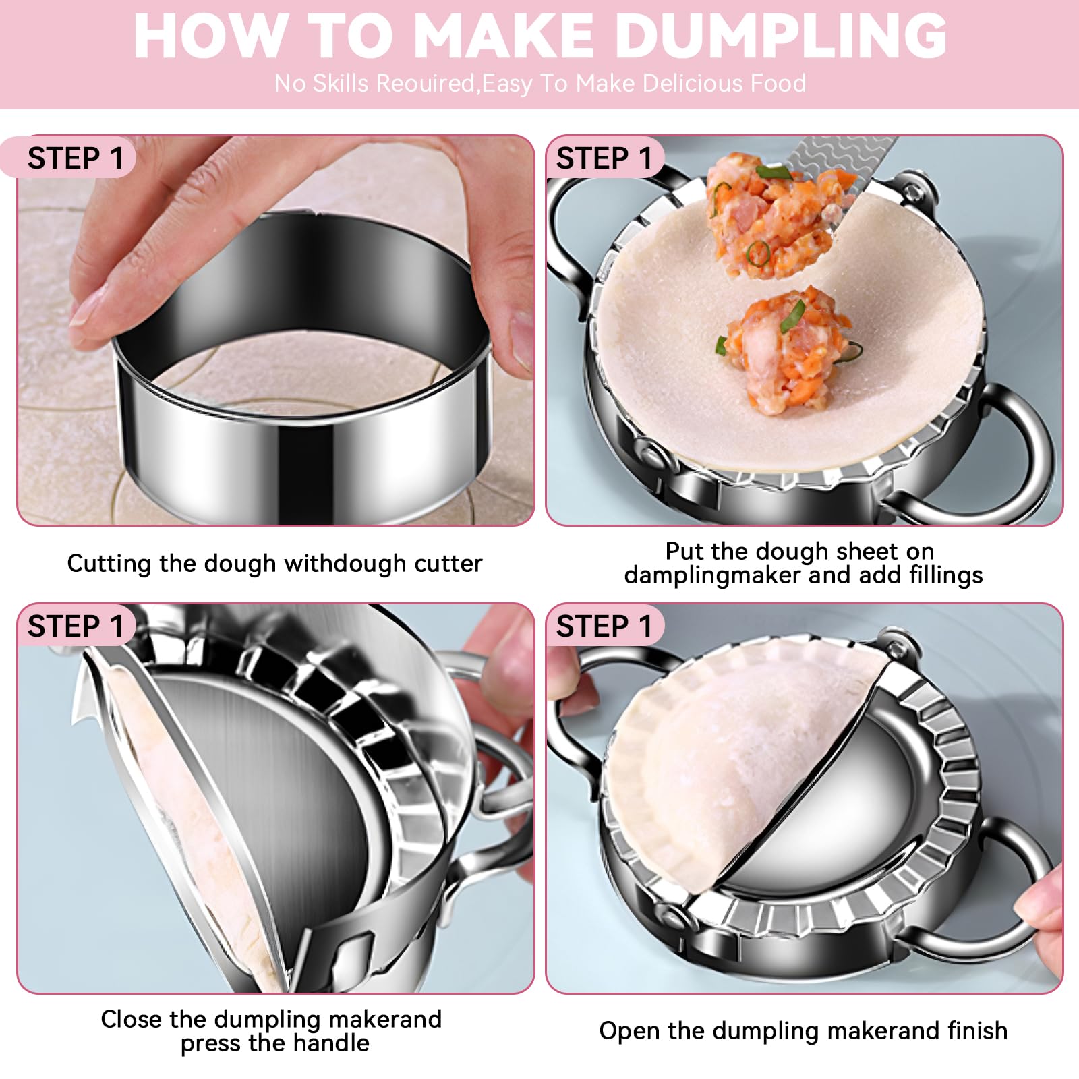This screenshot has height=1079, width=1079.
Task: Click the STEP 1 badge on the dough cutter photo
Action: (x=76, y=158)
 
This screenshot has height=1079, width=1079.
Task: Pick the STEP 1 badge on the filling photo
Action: (x=604, y=158)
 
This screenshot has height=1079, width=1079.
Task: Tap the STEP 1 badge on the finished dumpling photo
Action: (x=604, y=626)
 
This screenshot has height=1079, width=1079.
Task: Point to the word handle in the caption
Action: (x=330, y=1043)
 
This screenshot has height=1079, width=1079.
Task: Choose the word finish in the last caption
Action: (x=973, y=1030)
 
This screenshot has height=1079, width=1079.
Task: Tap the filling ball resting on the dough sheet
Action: (x=784, y=354)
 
